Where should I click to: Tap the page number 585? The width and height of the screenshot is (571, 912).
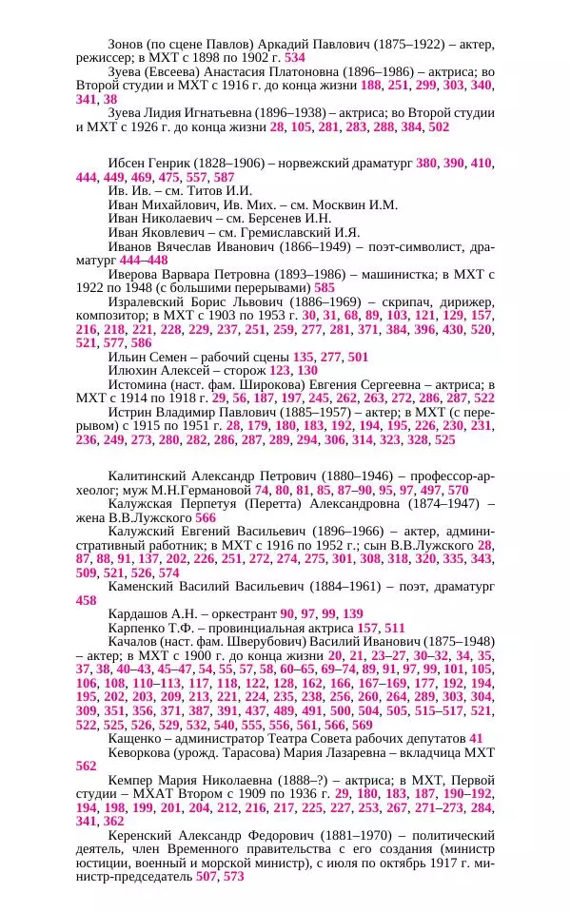(325, 287)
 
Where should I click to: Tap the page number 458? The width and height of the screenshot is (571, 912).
(86, 601)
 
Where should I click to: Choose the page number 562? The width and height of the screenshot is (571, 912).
(86, 765)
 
